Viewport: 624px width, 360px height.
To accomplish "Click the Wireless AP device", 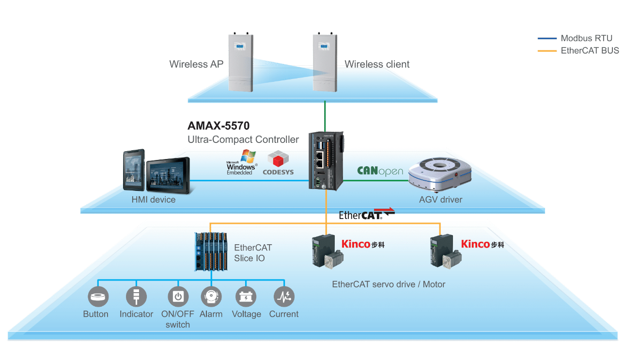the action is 241,62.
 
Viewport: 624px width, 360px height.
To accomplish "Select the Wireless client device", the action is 325,62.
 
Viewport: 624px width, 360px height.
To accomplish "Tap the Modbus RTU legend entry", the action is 575,38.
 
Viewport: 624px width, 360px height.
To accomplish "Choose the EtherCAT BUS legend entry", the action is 578,51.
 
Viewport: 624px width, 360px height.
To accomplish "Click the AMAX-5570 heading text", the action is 218,125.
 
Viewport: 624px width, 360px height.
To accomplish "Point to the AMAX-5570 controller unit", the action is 326,161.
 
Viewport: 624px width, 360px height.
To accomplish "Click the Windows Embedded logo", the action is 242,162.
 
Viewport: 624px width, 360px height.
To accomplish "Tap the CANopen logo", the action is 380,171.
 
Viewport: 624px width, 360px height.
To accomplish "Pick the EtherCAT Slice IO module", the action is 211,251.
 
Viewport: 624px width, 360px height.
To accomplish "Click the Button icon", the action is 98,297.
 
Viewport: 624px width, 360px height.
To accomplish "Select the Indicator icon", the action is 136,297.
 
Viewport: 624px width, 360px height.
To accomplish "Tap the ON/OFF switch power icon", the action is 178,297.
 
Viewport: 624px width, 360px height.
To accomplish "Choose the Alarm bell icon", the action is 211,297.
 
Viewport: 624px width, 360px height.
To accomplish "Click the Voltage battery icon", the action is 246,297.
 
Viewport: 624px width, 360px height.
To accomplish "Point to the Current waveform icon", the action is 284,297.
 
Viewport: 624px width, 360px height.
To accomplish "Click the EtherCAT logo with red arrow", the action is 367,214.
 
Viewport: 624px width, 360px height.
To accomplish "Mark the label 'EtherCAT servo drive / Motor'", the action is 389,284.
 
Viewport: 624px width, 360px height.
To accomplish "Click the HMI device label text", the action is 154,200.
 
